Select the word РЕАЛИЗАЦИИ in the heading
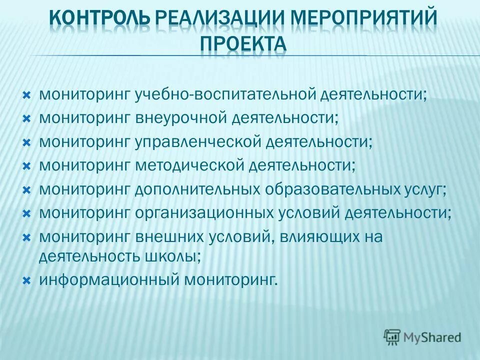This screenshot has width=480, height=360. coord(208,19)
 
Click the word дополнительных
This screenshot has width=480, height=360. coord(197,189)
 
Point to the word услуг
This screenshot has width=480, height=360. coord(422,189)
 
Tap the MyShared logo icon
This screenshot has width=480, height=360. coord(392,337)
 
